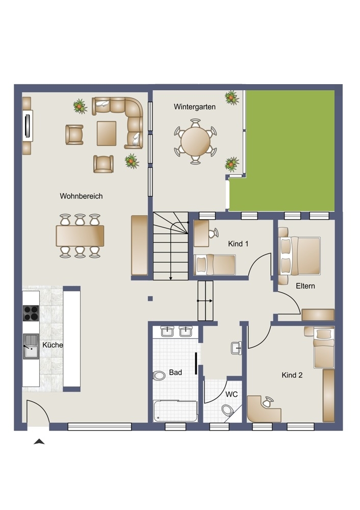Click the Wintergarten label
click(194, 107)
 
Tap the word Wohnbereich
click(81, 196)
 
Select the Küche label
click(53, 345)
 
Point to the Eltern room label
click(305, 286)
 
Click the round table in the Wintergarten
click(195, 141)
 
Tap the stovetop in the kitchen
click(31, 313)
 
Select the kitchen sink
click(31, 346)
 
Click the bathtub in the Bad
click(175, 411)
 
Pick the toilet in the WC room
click(227, 410)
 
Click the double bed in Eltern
click(300, 256)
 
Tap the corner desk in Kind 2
click(264, 409)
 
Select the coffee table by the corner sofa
click(107, 133)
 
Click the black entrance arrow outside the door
click(39, 441)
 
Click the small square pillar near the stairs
click(150, 298)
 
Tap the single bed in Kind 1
click(215, 264)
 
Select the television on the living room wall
click(28, 125)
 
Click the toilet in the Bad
click(159, 376)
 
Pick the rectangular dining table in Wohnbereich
click(80, 236)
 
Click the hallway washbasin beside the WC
click(237, 348)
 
